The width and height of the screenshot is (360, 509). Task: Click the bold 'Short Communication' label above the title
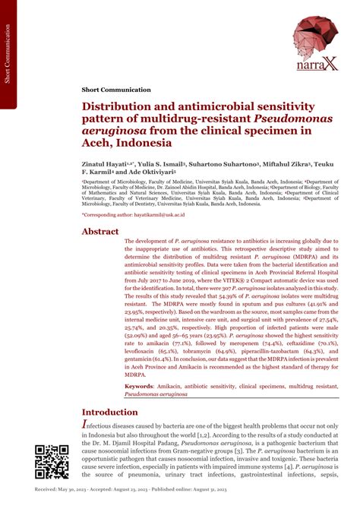(113, 90)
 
